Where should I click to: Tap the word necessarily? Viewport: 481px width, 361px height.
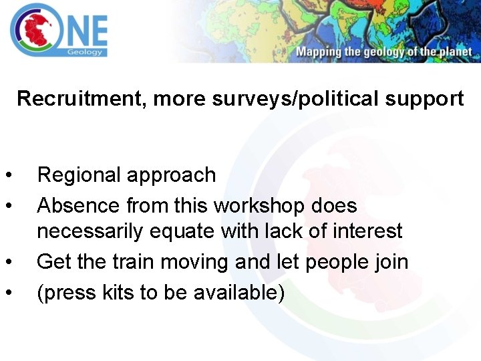[x=90, y=231]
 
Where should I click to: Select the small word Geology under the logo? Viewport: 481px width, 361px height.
[x=88, y=51]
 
